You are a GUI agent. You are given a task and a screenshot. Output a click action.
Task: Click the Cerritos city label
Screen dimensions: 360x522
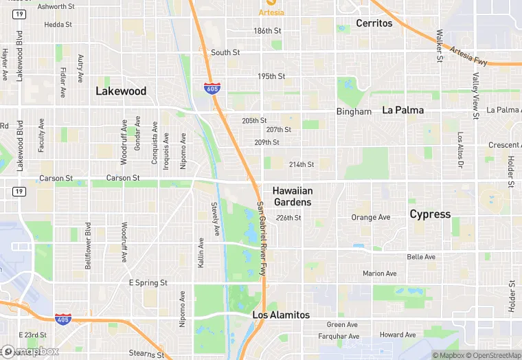point(374,23)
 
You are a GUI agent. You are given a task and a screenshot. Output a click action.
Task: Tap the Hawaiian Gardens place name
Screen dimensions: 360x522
point(292,196)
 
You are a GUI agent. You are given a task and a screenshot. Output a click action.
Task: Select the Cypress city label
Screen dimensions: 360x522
point(430,214)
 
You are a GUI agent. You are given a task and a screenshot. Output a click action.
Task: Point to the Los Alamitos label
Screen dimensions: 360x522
point(281,315)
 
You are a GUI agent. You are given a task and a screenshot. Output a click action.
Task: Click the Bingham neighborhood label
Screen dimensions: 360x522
point(354,111)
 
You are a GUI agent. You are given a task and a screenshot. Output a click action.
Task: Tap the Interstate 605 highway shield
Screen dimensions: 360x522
point(212,87)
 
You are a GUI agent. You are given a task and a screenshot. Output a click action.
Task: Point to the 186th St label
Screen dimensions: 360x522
point(267,31)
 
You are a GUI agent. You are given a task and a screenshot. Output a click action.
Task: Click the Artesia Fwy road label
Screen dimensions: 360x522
point(468,56)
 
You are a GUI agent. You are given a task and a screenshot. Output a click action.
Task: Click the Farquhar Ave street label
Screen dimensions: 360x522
point(339,337)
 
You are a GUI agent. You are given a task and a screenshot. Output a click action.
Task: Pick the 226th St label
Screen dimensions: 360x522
point(288,218)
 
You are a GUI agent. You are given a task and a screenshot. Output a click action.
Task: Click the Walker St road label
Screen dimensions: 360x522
point(438,44)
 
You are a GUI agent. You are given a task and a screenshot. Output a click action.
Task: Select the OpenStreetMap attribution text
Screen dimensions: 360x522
point(488,355)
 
